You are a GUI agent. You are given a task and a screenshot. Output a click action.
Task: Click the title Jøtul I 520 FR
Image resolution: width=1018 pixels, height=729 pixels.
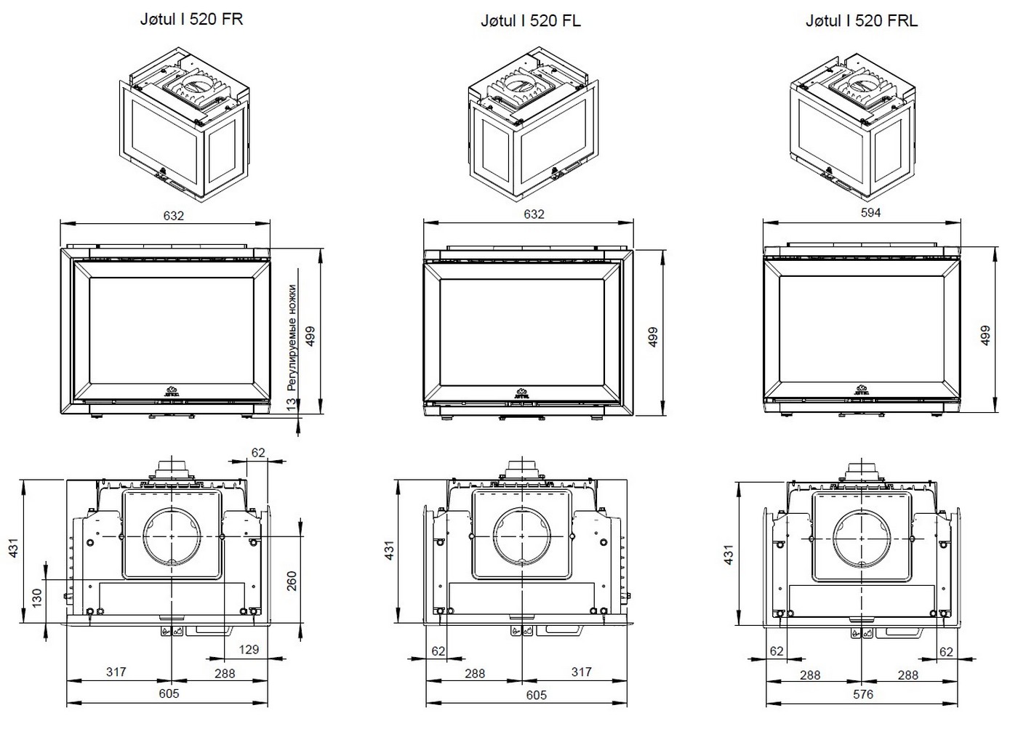coord(191,20)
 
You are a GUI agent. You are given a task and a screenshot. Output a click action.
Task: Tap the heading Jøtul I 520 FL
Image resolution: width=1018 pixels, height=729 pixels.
coord(531,21)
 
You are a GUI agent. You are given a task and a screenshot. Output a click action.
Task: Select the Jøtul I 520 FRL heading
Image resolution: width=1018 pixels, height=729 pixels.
coord(862,21)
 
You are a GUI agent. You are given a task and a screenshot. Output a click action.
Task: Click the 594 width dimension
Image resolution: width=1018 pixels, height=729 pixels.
coord(871,212)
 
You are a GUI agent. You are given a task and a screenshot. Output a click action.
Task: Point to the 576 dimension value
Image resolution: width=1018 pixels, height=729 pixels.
coord(863,694)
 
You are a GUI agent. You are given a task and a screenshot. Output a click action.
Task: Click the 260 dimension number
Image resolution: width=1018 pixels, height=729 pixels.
coord(292,581)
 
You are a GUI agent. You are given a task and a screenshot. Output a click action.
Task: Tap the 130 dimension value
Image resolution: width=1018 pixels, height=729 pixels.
coord(37,599)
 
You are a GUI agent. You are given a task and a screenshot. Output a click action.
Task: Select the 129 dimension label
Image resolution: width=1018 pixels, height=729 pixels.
coord(249,650)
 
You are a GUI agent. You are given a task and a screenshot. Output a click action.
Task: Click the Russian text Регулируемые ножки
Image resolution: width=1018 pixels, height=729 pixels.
coord(292,337)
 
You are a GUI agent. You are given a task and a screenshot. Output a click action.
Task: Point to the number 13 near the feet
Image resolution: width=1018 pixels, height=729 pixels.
coord(292,404)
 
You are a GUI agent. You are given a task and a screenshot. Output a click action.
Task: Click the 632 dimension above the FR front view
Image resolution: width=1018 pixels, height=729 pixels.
coord(174,215)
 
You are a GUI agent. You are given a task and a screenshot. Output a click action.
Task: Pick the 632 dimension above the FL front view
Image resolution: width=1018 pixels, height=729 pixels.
coord(534,214)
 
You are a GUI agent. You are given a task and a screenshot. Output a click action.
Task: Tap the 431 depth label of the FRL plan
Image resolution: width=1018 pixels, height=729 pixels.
coord(729,555)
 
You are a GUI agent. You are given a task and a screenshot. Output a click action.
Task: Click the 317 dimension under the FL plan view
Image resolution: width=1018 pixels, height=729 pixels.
coord(582,672)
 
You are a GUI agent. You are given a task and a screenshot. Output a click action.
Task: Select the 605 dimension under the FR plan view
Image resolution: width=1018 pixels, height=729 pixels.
coord(169,693)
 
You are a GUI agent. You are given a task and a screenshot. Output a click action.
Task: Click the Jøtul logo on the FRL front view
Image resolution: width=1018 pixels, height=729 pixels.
coord(862,390)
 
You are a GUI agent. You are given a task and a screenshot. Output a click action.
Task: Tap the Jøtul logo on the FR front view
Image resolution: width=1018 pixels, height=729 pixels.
coord(172,391)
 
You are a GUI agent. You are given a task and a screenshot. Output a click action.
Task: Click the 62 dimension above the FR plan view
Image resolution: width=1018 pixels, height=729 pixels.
coord(258,452)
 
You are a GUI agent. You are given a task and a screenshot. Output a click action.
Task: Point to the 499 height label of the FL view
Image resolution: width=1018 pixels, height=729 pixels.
coord(653,337)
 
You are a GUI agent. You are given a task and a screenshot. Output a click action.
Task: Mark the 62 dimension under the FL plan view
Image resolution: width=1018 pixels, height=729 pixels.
coord(438,651)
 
